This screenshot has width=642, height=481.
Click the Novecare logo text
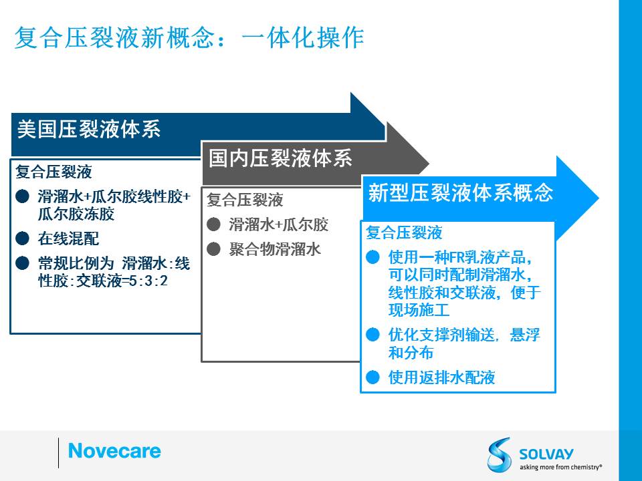pyautogui.click(x=114, y=451)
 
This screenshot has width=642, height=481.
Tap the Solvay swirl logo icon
pyautogui.click(x=499, y=454)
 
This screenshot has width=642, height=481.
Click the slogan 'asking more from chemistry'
pyautogui.click(x=560, y=467)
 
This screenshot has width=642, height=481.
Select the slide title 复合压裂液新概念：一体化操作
pyautogui.click(x=189, y=37)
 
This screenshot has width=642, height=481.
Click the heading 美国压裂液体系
pyautogui.click(x=89, y=129)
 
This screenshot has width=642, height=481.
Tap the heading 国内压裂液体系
pyautogui.click(x=280, y=158)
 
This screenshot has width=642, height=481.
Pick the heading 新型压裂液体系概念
pyautogui.click(x=461, y=192)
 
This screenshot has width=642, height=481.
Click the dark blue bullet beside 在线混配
pyautogui.click(x=22, y=238)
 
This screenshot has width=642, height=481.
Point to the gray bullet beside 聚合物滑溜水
pyautogui.click(x=213, y=249)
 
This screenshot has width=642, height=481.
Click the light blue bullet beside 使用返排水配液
pyautogui.click(x=372, y=377)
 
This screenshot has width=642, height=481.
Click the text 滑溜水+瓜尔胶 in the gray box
pyautogui.click(x=278, y=224)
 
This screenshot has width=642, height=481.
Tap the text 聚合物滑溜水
pyautogui.click(x=274, y=249)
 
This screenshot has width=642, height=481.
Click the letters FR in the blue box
pyautogui.click(x=456, y=258)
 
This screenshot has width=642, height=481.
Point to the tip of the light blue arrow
pyautogui.click(x=599, y=198)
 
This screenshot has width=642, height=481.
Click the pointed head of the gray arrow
pyautogui.click(x=428, y=164)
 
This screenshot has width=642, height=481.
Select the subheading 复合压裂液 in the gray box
pyautogui.click(x=245, y=200)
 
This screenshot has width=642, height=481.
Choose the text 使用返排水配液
pyautogui.click(x=442, y=377)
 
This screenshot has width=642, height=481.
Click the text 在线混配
pyautogui.click(x=68, y=238)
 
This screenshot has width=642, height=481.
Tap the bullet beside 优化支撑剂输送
pyautogui.click(x=372, y=335)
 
